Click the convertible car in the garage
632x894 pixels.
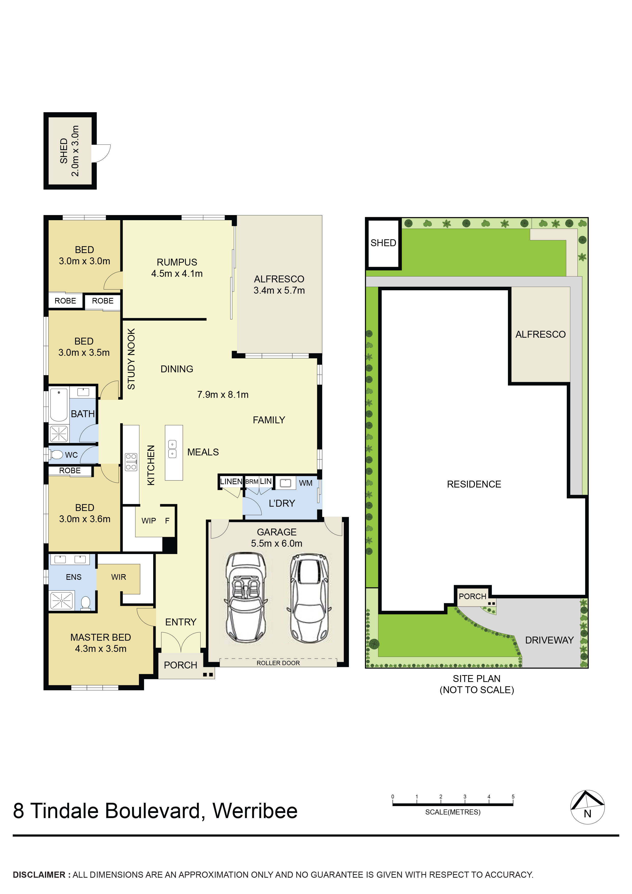pos(246,598)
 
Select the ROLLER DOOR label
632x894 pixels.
pos(278,663)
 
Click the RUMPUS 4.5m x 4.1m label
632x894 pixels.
pos(177,268)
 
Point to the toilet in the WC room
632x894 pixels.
pos(57,454)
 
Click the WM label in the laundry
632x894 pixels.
pos(306,483)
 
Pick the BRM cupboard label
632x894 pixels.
pos(252,482)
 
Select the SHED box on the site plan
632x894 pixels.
pos(383,243)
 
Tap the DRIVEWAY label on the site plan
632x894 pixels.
pos(549,640)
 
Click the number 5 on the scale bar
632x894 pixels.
pos(513,797)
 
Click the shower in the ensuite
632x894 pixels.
pos(61,601)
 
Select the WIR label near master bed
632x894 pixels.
pos(118,577)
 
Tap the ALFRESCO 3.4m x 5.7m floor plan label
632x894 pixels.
pos(279,285)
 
